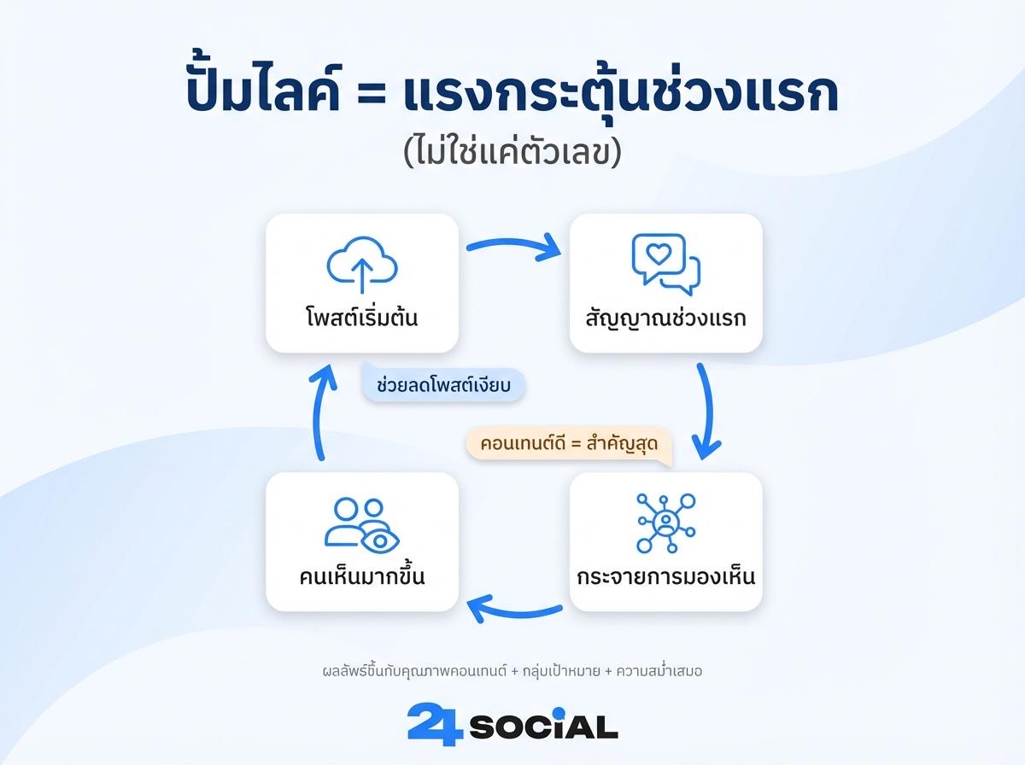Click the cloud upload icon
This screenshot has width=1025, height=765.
[x=362, y=266]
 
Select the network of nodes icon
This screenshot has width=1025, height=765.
[x=666, y=523]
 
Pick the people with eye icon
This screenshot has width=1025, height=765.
[x=362, y=524]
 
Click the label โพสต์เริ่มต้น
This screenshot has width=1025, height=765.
[x=362, y=318]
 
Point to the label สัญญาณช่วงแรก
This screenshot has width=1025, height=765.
[x=666, y=318]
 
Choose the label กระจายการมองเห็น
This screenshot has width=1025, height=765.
[x=666, y=577]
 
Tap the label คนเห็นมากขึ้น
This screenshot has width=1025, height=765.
[x=362, y=577]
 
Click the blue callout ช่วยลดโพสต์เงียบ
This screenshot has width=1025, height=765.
[x=442, y=385]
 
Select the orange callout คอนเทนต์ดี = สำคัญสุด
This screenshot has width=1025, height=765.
[x=567, y=444]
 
